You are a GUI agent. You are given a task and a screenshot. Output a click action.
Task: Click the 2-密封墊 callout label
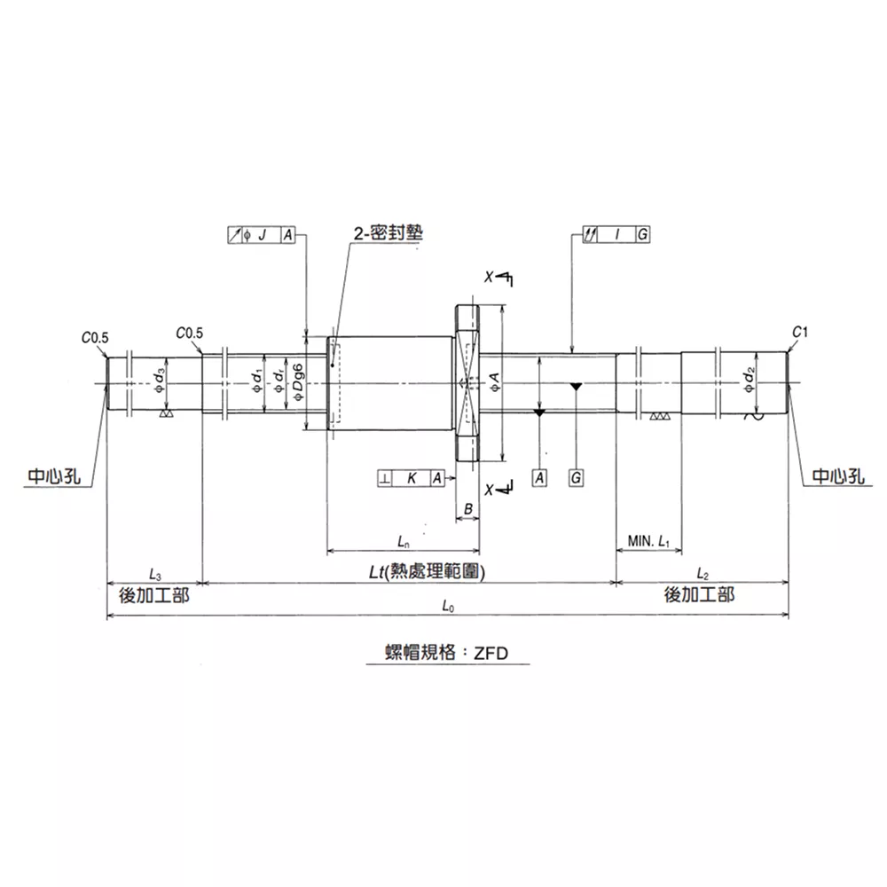pyautogui.click(x=389, y=232)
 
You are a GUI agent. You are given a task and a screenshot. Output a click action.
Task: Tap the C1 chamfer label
pyautogui.click(x=800, y=332)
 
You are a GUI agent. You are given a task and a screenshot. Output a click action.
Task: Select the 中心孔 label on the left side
pyautogui.click(x=54, y=476)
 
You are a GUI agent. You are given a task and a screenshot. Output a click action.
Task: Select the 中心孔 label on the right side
pyautogui.click(x=838, y=476)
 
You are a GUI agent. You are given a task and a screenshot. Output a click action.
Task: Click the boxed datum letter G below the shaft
pyautogui.click(x=576, y=478)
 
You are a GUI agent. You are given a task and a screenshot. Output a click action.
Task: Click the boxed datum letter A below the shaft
pyautogui.click(x=539, y=478)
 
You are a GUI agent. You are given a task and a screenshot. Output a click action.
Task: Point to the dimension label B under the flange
pyautogui.click(x=467, y=509)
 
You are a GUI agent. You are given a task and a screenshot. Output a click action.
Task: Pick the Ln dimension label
pyautogui.click(x=404, y=541)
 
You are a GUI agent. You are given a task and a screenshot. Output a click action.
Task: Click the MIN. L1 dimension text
pyautogui.click(x=648, y=541)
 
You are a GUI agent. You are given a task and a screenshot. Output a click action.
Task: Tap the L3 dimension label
pyautogui.click(x=155, y=574)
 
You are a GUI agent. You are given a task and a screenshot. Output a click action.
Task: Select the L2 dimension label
pyautogui.click(x=703, y=574)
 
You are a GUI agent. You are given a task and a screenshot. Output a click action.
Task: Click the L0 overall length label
pyautogui.click(x=448, y=607)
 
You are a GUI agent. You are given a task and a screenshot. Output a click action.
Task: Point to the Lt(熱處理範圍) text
pyautogui.click(x=428, y=572)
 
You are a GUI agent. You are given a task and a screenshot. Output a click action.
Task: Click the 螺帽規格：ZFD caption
pyautogui.click(x=446, y=653)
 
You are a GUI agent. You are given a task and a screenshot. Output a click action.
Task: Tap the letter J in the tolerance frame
pyautogui.click(x=262, y=235)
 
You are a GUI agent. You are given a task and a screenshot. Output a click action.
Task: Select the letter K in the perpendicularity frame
pyautogui.click(x=412, y=479)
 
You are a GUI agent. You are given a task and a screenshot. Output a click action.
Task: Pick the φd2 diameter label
pyautogui.click(x=750, y=380)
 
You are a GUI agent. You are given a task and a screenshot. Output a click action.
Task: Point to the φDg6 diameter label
pyautogui.click(x=298, y=382)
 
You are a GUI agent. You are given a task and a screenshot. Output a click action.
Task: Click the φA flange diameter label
pyautogui.click(x=494, y=382)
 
